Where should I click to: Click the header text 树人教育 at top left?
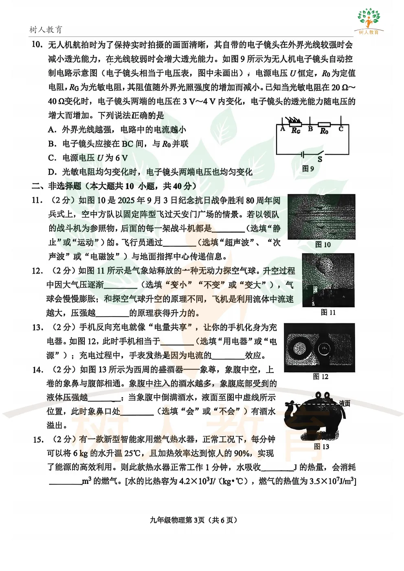46,30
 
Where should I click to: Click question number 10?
37,45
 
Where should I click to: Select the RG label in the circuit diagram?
296,131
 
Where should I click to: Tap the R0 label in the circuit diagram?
324,131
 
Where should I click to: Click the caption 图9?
308,168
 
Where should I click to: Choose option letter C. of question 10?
52,158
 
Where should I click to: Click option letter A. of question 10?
52,130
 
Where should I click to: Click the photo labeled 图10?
321,217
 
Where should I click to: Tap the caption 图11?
328,312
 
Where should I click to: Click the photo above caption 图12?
319,348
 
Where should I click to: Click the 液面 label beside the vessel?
345,403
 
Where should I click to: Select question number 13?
37,328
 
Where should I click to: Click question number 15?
38,440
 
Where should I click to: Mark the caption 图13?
321,446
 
